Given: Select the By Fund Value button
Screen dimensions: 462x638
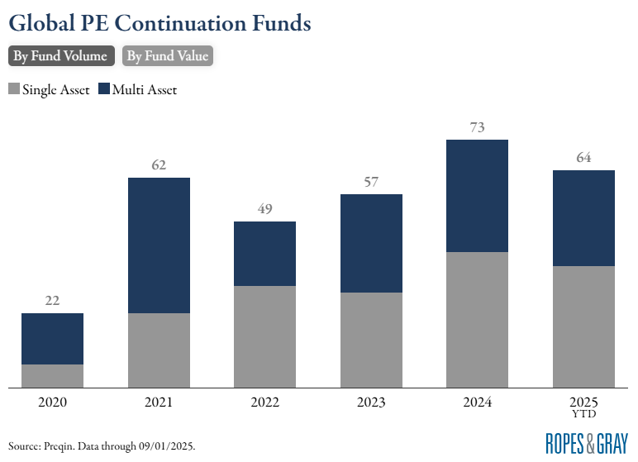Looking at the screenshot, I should (168, 56).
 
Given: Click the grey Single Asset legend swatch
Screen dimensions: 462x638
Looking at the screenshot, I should (14, 89).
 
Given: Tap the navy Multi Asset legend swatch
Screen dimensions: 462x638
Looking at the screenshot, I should (104, 89).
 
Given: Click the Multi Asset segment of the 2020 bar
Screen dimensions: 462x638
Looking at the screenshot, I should (52, 339).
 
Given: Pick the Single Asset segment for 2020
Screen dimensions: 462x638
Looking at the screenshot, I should (52, 375).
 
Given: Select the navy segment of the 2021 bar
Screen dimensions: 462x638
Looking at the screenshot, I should (159, 245).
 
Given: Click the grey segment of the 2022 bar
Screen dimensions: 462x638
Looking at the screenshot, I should (264, 336).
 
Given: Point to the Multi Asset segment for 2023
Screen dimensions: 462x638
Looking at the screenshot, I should (371, 243).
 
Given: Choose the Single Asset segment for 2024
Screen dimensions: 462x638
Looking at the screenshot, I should (477, 319).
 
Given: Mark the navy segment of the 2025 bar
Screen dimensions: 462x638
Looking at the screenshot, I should (583, 218).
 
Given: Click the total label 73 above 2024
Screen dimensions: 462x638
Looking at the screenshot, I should (477, 127).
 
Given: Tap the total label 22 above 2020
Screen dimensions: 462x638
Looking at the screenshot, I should (52, 301).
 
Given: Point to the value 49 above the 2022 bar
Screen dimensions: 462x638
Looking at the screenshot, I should (264, 209).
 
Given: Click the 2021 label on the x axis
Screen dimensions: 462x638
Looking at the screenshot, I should (159, 402).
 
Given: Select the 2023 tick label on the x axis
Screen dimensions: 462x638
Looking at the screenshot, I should (371, 402).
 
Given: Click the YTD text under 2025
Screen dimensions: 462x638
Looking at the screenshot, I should (583, 413).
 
